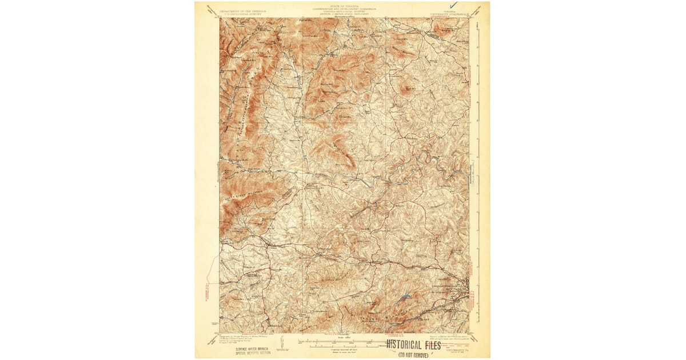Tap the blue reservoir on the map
point(405,296)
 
